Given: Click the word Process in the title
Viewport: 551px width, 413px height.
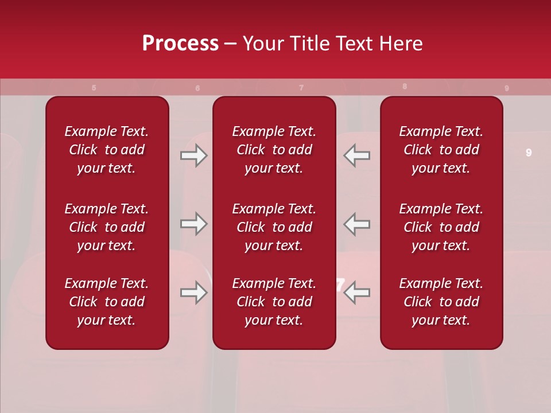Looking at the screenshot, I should pos(180,44).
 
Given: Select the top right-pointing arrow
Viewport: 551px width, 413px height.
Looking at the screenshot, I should pos(193,155).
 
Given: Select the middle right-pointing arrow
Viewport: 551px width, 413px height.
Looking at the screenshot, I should pos(193,224).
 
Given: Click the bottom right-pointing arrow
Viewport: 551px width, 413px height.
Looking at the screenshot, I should pos(193,293).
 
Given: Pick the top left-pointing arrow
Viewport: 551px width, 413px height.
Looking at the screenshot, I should pos(356,155).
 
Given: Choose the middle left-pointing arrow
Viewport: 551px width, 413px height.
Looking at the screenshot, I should pos(356,224).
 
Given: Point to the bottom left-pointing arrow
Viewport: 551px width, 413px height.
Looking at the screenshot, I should pos(356,293).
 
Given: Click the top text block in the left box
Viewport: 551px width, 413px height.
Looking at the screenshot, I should pos(107,150).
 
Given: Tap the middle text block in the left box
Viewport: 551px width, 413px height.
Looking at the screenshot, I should pos(107,227).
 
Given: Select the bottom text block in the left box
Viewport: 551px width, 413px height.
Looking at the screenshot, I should pos(107,302).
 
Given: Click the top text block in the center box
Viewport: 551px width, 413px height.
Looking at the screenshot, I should pos(274,150).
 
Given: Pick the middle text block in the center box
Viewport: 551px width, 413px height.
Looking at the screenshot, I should pos(274,227).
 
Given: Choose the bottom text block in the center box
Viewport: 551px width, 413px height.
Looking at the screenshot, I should pos(274,302).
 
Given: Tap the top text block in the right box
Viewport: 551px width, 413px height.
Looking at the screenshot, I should pos(441,150).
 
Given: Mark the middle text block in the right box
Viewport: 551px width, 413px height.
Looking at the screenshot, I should pos(441,227).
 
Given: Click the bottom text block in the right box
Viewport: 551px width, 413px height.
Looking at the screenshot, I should pos(441,302).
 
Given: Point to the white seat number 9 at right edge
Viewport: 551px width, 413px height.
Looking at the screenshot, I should pos(529,153).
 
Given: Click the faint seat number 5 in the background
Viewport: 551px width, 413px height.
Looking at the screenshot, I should pos(94,88).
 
